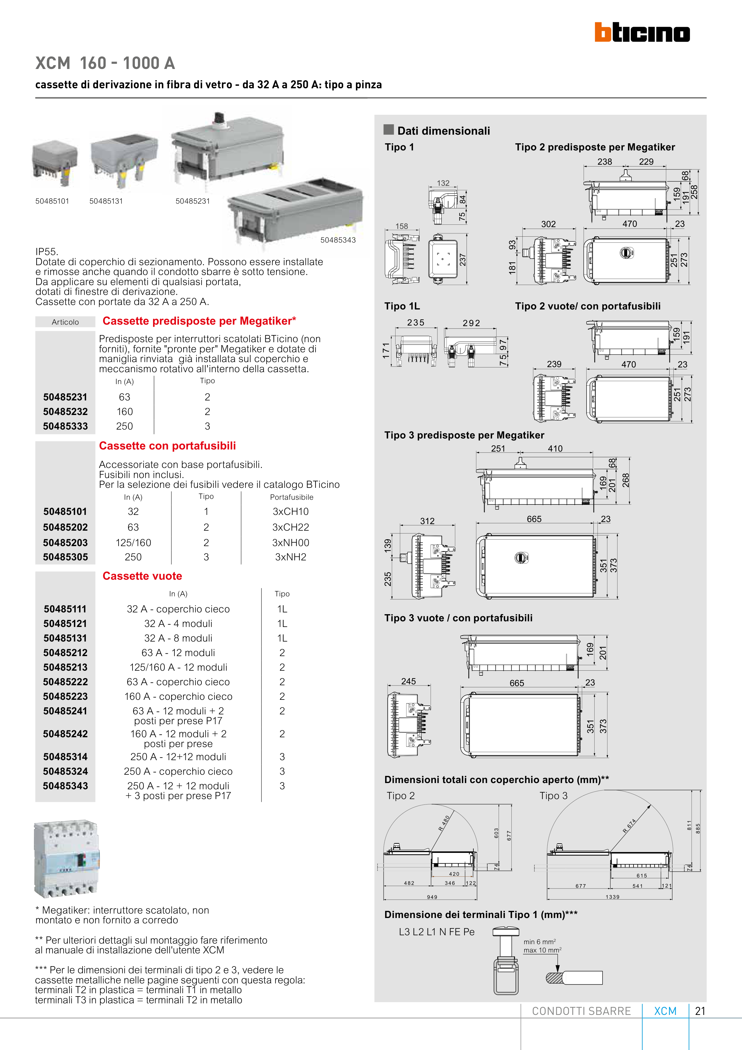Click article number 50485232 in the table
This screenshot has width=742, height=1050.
(x=65, y=411)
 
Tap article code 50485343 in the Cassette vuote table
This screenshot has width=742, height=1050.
(x=65, y=786)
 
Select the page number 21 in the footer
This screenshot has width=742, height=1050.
(x=700, y=1011)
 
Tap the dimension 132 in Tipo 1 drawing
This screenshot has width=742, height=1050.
(x=443, y=183)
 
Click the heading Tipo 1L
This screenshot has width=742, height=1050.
(x=402, y=306)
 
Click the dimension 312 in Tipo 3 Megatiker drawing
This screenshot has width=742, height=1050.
(x=428, y=521)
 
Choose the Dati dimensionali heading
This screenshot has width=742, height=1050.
(x=443, y=131)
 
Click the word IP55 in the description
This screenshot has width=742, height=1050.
(x=47, y=252)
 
